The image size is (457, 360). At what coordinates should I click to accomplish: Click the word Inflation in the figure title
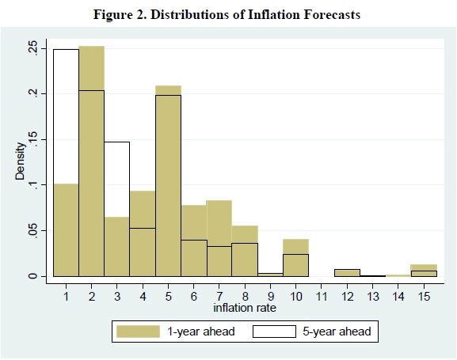[273, 14]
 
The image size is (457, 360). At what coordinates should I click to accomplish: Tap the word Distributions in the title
[189, 14]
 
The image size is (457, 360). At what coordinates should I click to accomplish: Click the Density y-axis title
[20, 161]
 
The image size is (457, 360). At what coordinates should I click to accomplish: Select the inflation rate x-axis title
[245, 308]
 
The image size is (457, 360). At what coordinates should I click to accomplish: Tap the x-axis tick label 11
[322, 297]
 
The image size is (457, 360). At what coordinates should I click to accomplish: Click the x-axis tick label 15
[424, 297]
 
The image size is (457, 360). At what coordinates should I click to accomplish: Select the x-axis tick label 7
[219, 297]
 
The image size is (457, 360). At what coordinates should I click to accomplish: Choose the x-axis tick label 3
[117, 297]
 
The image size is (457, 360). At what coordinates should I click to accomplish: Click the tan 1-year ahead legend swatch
[138, 332]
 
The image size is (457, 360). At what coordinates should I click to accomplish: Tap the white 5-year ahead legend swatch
[274, 332]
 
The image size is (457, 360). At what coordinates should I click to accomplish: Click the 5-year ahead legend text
[337, 332]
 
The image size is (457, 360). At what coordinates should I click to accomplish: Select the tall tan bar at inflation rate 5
[168, 181]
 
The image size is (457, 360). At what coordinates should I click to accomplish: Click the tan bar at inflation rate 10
[296, 258]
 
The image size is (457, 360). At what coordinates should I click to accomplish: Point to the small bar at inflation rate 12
[347, 273]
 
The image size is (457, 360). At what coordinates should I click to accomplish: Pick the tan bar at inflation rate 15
[424, 271]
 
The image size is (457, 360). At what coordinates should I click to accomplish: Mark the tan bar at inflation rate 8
[245, 251]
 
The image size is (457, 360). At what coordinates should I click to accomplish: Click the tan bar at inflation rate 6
[194, 241]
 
